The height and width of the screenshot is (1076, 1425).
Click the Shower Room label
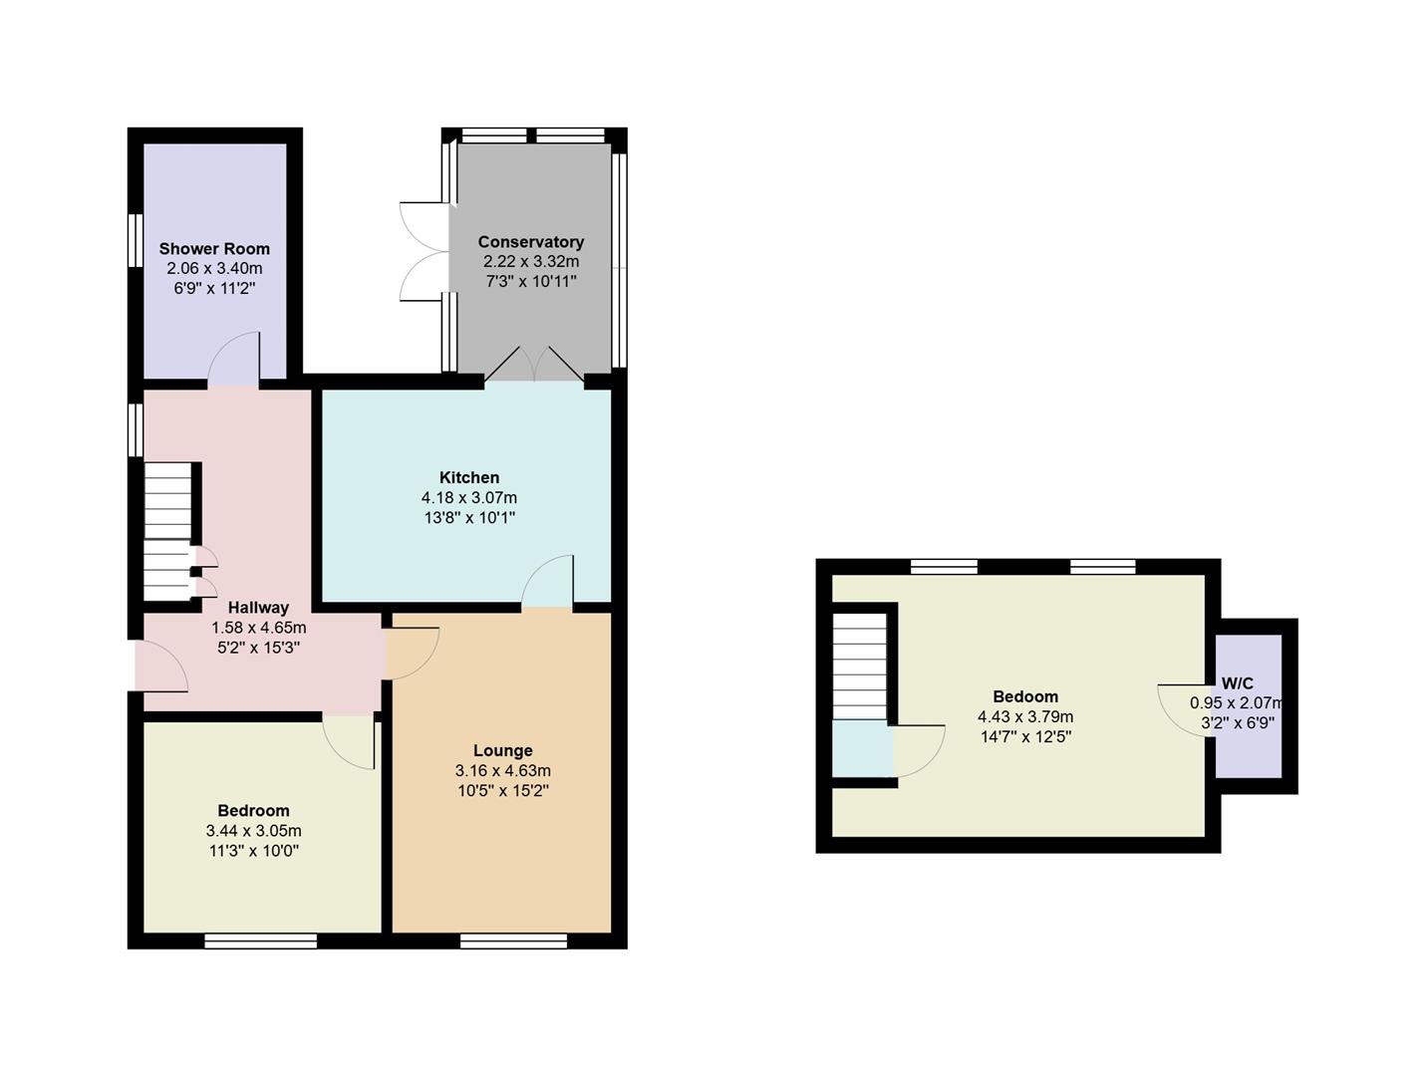tap(214, 249)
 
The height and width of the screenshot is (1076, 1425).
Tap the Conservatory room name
tap(530, 242)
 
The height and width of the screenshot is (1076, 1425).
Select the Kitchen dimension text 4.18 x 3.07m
tap(468, 498)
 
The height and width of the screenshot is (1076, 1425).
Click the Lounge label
tap(502, 751)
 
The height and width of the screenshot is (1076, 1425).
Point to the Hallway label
tap(258, 608)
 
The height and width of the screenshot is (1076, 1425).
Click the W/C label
tap(1237, 684)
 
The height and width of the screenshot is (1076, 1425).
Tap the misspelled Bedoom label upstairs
tap(1024, 697)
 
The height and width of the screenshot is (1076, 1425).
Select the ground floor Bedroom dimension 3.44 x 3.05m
tap(253, 831)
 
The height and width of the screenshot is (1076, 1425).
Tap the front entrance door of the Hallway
tap(159, 668)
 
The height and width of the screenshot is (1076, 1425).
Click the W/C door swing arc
tap(1178, 710)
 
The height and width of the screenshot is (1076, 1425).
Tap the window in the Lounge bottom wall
tap(513, 941)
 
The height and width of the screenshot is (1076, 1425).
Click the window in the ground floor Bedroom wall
tap(261, 941)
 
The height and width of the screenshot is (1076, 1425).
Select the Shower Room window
tap(137, 239)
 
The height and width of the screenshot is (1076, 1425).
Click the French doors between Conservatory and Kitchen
tap(534, 367)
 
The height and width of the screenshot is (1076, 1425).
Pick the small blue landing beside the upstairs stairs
tap(861, 747)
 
